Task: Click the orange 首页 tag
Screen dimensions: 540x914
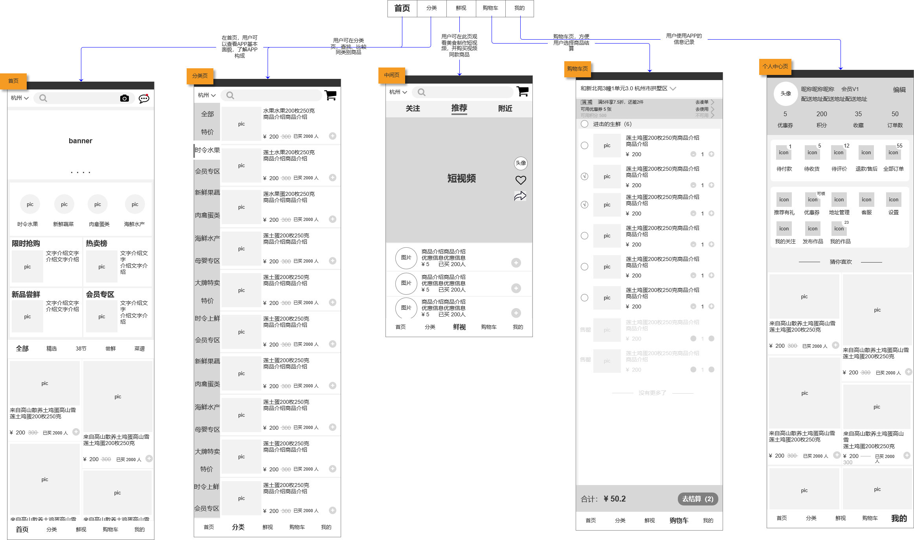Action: click(13, 81)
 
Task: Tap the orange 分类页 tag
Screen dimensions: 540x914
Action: click(200, 76)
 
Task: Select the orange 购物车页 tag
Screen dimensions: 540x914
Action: click(577, 69)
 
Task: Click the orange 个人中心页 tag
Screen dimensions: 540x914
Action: click(775, 66)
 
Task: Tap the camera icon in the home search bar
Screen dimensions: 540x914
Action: click(124, 98)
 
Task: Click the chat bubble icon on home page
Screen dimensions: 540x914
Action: click(144, 98)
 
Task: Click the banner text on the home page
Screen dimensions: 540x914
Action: click(81, 141)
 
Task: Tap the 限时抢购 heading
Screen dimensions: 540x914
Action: click(26, 243)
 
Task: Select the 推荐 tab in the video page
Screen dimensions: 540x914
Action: click(459, 108)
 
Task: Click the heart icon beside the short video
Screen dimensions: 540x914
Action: click(521, 180)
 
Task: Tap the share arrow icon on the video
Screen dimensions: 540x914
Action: click(520, 196)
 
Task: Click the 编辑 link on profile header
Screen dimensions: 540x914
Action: click(899, 89)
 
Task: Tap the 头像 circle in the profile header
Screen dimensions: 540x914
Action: click(786, 93)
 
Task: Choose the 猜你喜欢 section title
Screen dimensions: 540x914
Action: click(841, 262)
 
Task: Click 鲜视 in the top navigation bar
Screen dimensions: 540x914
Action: click(461, 8)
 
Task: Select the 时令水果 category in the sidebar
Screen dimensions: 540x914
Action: click(207, 150)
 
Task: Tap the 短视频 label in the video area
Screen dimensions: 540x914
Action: click(461, 179)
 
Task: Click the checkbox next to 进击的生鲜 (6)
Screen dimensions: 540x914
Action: click(585, 124)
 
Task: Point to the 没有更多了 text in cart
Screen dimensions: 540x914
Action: click(652, 393)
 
